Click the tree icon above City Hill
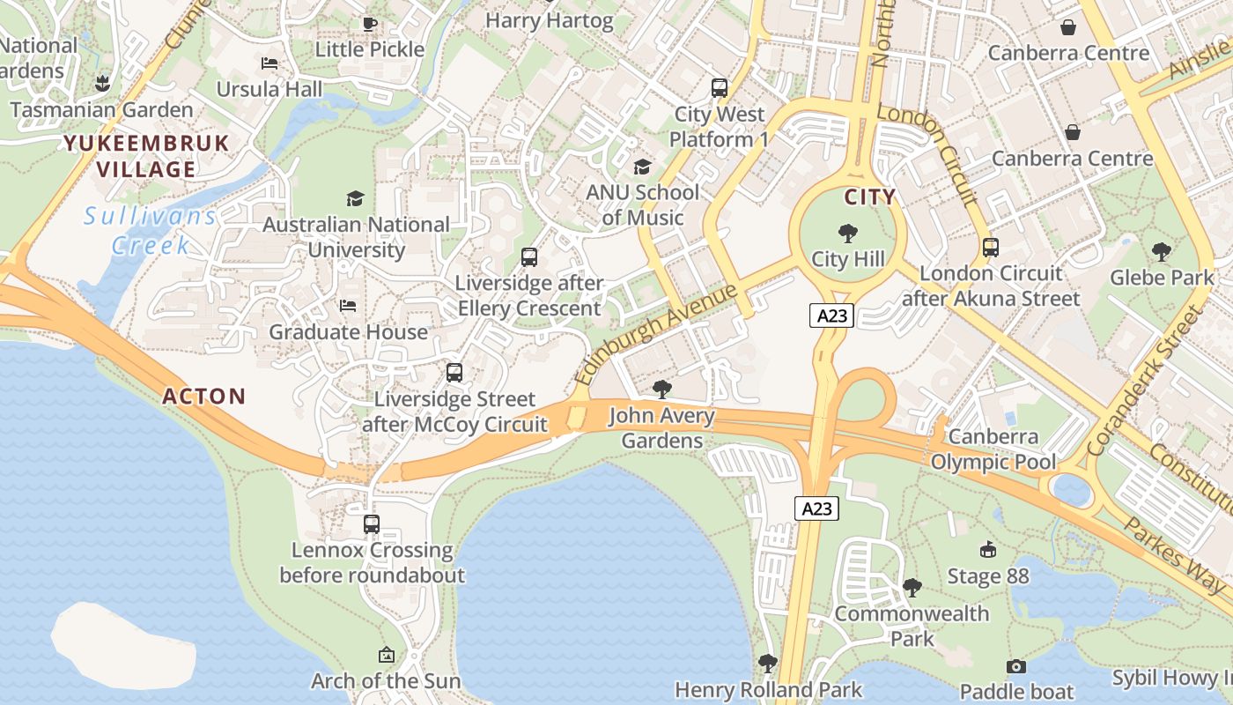(x=848, y=234)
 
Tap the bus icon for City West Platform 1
(x=720, y=88)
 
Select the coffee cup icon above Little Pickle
(x=370, y=24)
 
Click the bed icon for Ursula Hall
(x=269, y=63)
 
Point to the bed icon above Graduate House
(x=348, y=306)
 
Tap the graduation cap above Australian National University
(x=355, y=198)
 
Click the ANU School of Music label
(x=642, y=204)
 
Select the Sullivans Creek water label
(x=151, y=230)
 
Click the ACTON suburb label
(x=203, y=396)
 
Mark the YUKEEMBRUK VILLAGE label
(x=145, y=156)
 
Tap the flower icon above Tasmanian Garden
(x=101, y=85)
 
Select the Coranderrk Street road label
(x=1144, y=381)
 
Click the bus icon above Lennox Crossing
(x=372, y=524)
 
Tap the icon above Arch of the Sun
(x=386, y=655)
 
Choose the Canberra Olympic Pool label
(x=993, y=449)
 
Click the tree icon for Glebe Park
(x=1162, y=252)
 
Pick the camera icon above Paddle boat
(x=1016, y=666)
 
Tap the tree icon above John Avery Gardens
(x=661, y=390)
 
